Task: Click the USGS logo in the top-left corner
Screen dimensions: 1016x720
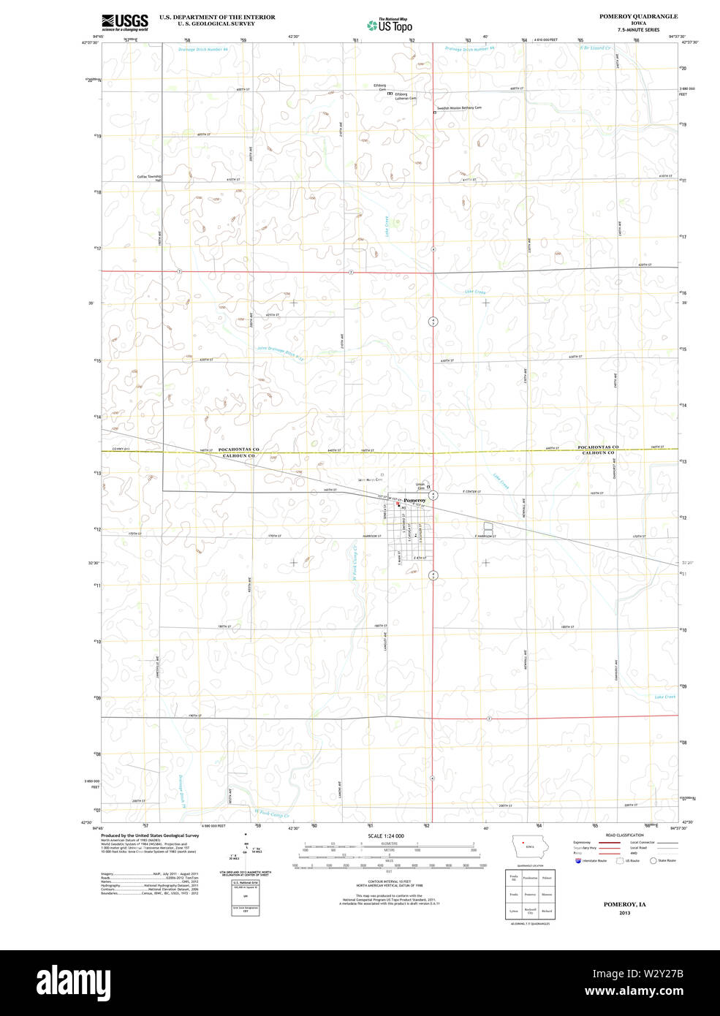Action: point(124,21)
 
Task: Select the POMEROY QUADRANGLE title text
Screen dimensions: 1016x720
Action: point(638,16)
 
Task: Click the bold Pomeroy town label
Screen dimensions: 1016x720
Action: point(414,500)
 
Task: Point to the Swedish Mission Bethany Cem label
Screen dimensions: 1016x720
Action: point(459,107)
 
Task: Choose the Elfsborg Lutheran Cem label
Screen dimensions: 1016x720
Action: point(405,96)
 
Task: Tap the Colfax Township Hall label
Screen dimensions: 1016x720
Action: point(149,178)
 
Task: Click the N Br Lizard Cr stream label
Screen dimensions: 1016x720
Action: point(595,48)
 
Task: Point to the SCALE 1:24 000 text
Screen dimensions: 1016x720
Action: point(386,835)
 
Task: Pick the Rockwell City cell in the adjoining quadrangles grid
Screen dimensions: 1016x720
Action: point(530,911)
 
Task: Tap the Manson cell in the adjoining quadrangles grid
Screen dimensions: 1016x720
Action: point(547,894)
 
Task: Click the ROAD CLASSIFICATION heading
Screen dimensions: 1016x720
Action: point(624,835)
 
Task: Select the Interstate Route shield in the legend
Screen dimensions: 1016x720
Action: point(579,860)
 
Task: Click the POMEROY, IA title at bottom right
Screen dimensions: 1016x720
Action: point(624,904)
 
